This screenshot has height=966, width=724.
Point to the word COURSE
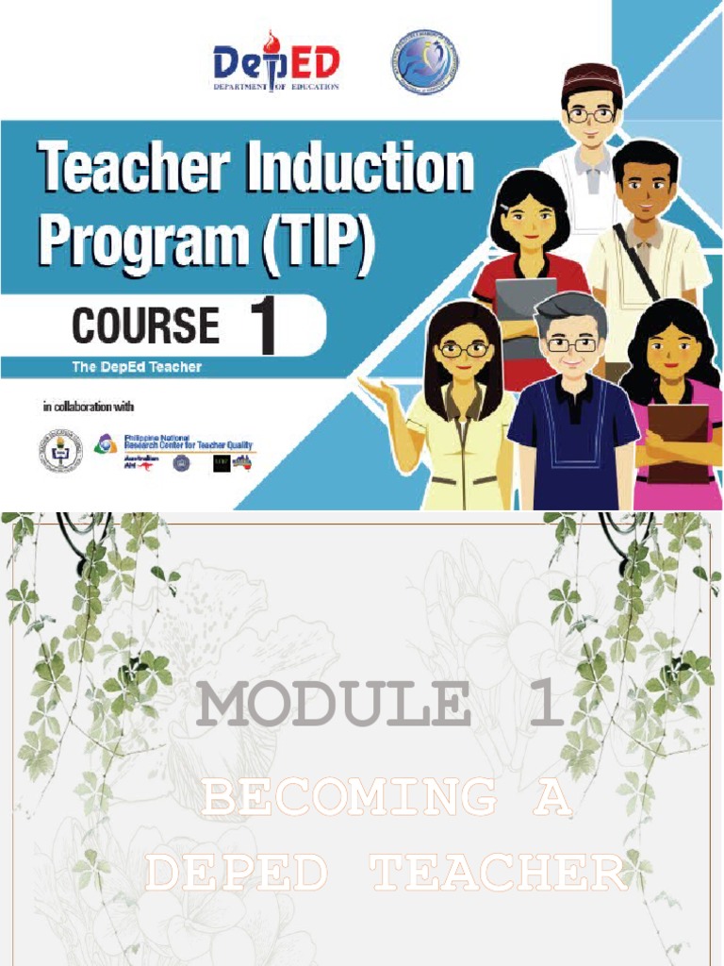[x=146, y=326]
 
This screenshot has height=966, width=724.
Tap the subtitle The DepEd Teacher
[x=137, y=366]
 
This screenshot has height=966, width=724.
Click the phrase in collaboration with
[x=89, y=408]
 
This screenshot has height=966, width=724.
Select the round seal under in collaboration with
[x=60, y=452]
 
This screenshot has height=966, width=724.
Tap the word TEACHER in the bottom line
[x=500, y=874]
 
